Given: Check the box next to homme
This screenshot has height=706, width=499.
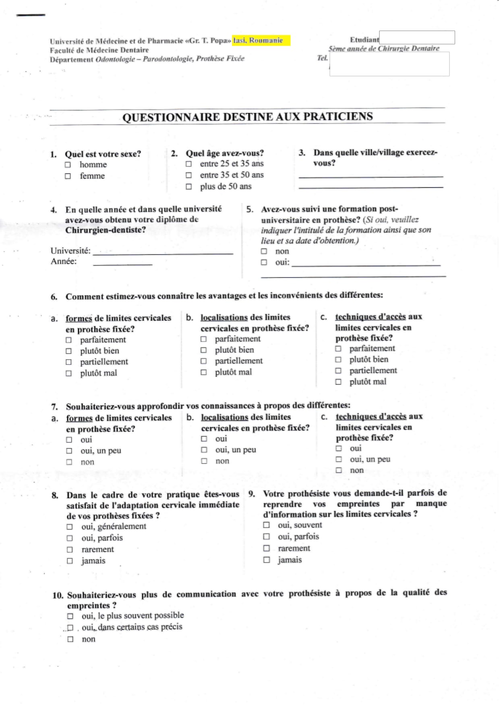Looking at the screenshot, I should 68,165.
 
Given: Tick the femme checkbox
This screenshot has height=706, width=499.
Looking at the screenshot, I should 68,176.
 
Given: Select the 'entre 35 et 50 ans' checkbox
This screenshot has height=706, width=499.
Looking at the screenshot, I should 188,175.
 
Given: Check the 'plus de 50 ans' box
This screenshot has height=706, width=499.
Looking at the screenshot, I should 188,187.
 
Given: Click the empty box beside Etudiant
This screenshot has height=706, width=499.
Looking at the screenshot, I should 417,37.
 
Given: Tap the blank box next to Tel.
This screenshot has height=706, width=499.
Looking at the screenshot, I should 389,64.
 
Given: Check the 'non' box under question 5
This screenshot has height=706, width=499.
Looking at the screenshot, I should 264,251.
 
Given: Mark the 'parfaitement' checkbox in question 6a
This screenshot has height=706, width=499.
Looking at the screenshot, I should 68,340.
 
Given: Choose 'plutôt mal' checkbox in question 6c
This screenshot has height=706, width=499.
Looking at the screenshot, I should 338,382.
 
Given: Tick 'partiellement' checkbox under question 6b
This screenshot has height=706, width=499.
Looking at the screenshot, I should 204,361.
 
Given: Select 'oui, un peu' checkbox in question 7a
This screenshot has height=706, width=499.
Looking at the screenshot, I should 69,451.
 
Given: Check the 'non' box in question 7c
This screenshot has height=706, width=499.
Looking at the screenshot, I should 339,470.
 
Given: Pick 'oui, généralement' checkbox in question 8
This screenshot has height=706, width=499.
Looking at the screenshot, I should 70,527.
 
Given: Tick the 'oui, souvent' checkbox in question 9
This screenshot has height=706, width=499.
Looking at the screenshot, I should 266,525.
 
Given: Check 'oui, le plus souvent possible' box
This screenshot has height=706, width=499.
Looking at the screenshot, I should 70,616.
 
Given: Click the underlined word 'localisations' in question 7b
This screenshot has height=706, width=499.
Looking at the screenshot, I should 224,417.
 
